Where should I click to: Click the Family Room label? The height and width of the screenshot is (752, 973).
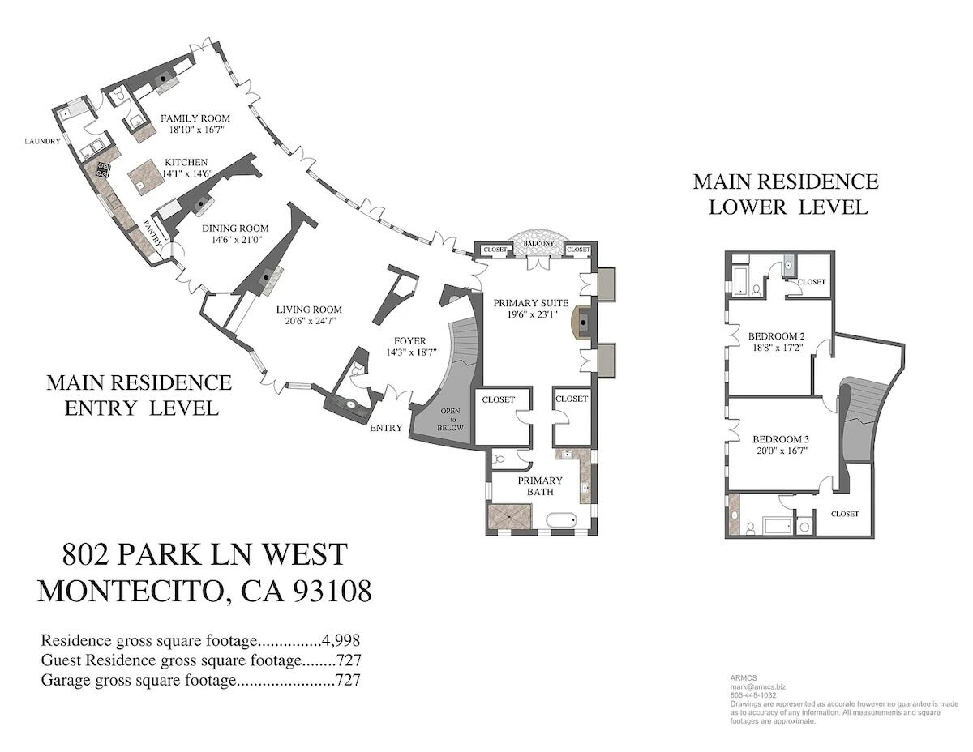point(195,118)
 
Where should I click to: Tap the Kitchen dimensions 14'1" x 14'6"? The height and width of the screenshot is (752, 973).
point(186,174)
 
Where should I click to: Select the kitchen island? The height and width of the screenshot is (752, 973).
point(144,179)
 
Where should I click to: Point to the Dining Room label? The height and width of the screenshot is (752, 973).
point(235,229)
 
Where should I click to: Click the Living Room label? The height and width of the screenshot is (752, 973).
point(309,310)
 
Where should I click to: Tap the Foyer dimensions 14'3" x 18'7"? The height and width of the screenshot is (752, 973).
point(411,352)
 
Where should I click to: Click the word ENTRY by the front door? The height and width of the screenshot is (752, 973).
point(386,428)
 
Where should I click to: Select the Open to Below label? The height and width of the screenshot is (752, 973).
point(450,419)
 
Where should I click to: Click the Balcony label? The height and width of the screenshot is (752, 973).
point(538,243)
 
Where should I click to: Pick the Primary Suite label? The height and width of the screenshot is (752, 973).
point(531,303)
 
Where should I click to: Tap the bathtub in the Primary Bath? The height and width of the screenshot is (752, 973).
point(561,521)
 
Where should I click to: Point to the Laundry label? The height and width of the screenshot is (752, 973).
point(42,141)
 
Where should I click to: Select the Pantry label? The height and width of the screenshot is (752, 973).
point(152,233)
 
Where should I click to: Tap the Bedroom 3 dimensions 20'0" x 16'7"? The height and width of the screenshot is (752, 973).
point(782,451)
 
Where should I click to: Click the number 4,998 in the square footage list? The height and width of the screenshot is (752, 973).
point(341,641)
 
